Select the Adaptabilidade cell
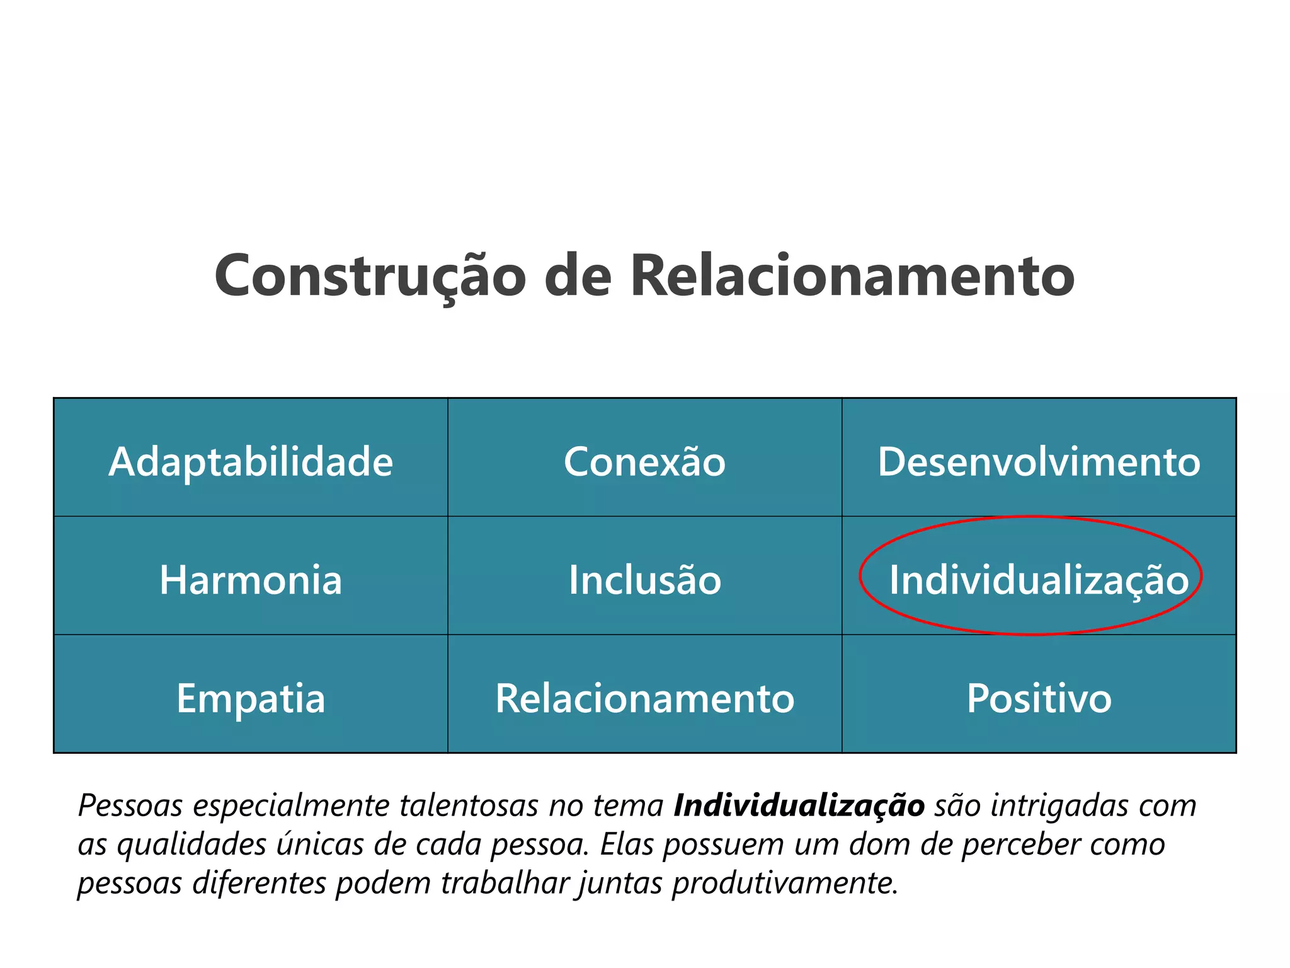pyautogui.click(x=251, y=462)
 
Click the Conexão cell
pyautogui.click(x=644, y=462)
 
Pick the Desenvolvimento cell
pyautogui.click(x=1039, y=462)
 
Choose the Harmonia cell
pyautogui.click(x=251, y=580)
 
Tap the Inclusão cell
pyautogui.click(x=644, y=580)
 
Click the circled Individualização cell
pyautogui.click(x=1038, y=580)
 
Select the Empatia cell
pyautogui.click(x=251, y=698)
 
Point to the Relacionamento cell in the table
pyautogui.click(x=644, y=698)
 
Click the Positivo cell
pyautogui.click(x=1039, y=698)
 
